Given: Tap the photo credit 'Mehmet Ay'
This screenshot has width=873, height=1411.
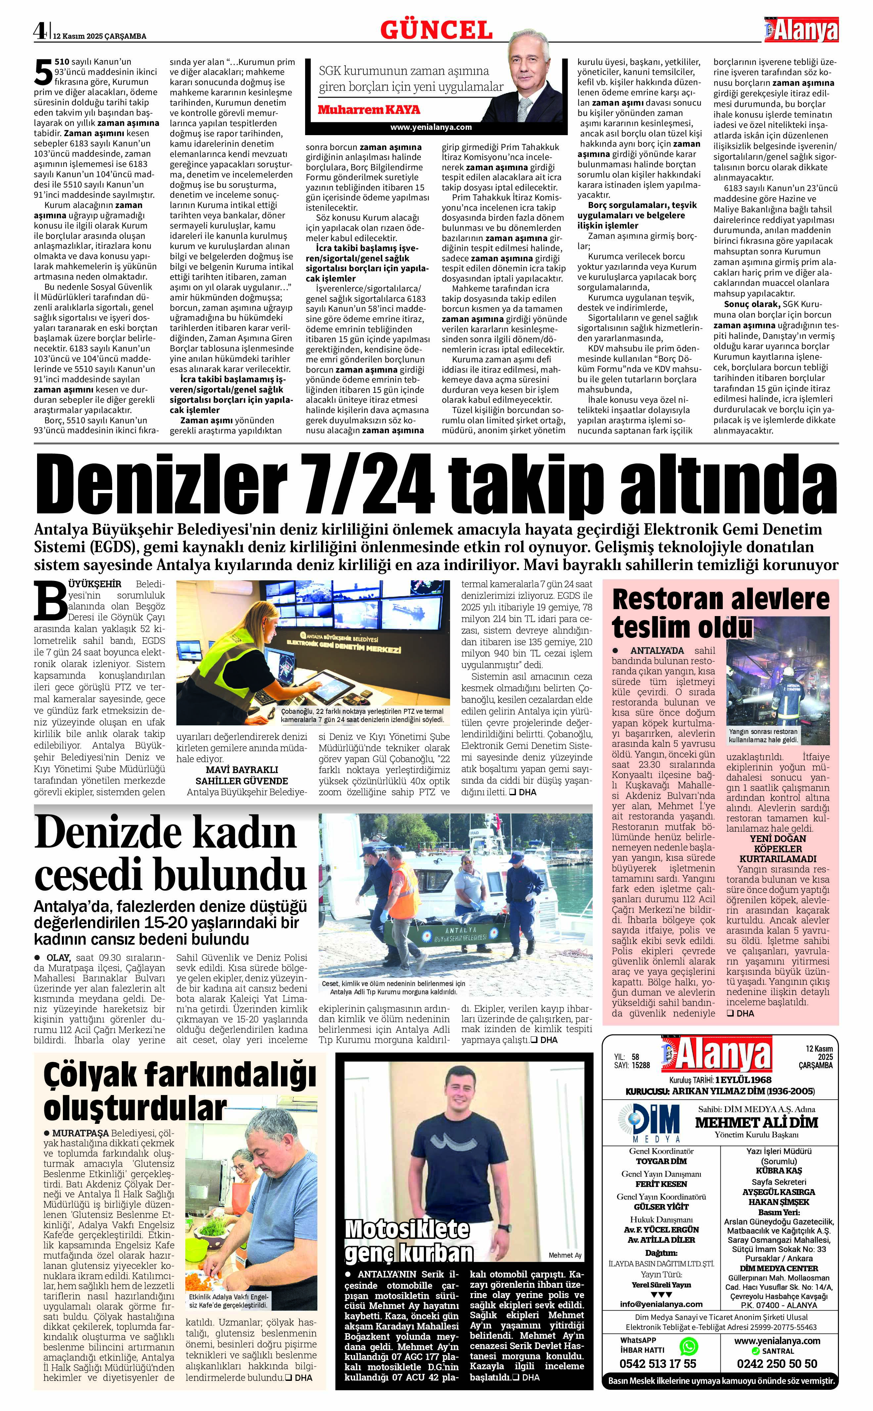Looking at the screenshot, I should point(565,1254).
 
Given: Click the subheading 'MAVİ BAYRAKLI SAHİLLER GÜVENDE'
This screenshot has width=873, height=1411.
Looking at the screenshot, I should point(241,775).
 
